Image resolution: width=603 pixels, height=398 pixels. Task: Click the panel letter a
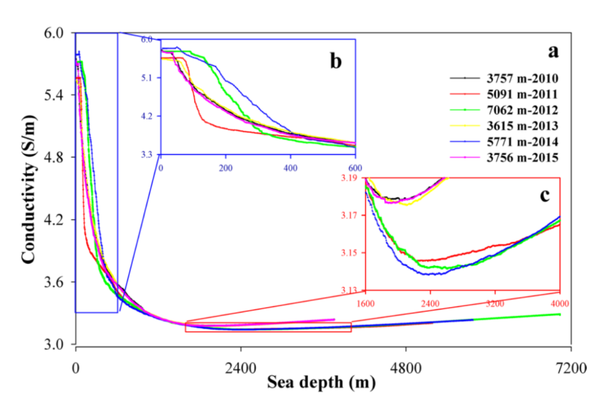click(x=553, y=51)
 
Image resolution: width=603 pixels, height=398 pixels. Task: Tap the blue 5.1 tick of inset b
click(x=151, y=78)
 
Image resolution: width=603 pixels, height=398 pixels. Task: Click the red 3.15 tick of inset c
click(x=355, y=253)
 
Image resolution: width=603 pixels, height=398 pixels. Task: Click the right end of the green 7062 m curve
click(x=560, y=314)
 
